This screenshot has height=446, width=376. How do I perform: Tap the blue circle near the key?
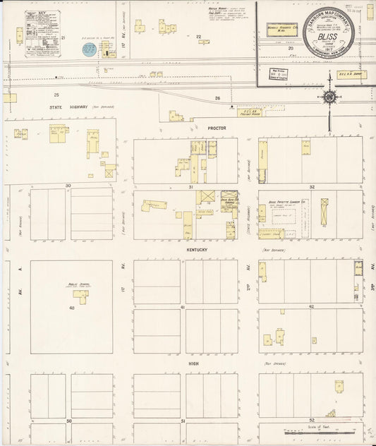click(x=89, y=49)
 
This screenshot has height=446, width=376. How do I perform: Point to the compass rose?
click(x=329, y=96)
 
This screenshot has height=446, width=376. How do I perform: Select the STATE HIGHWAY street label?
click(x=68, y=107)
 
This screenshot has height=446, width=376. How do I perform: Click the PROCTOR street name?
click(x=216, y=128)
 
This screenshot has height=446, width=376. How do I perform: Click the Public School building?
click(x=82, y=298)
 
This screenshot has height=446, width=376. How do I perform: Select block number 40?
click(x=71, y=308)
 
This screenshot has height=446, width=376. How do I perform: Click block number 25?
click(x=56, y=94)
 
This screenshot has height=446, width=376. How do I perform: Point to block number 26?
click(x=218, y=98)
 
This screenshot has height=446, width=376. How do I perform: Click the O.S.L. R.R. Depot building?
click(x=351, y=73)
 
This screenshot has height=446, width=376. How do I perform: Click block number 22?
click(x=199, y=35)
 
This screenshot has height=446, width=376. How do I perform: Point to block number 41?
click(x=182, y=308)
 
